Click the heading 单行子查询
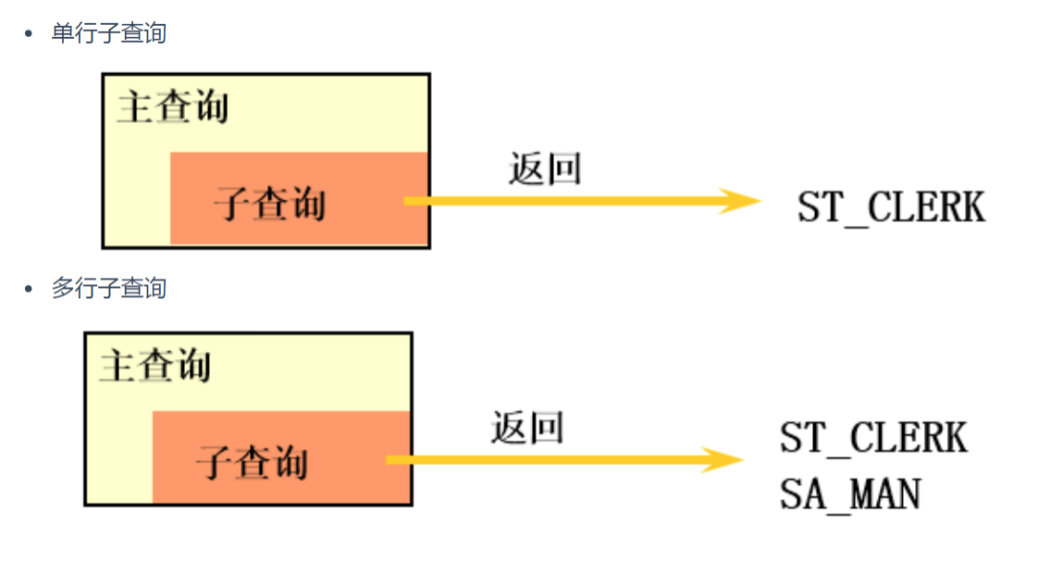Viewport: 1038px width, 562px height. click(x=108, y=33)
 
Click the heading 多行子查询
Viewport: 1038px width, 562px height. click(x=108, y=288)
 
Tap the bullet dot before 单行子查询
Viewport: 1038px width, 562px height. click(x=29, y=34)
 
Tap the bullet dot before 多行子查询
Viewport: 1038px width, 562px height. click(x=29, y=289)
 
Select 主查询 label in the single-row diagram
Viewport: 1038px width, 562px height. click(x=173, y=106)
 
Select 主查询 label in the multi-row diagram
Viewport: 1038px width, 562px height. click(x=155, y=366)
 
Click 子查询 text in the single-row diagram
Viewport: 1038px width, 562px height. click(x=270, y=201)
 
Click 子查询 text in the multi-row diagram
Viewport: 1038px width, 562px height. click(x=253, y=460)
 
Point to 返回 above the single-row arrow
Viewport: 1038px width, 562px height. click(x=545, y=169)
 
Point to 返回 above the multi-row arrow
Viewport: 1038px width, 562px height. click(x=527, y=428)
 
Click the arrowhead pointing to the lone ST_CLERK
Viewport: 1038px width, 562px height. click(x=740, y=201)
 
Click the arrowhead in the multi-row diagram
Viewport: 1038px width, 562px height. click(x=723, y=459)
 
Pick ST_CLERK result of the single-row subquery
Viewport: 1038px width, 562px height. click(x=892, y=207)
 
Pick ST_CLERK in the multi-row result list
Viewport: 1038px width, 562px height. click(x=873, y=437)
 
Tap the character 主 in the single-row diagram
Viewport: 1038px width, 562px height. click(x=135, y=106)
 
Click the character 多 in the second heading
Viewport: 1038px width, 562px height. click(x=62, y=288)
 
